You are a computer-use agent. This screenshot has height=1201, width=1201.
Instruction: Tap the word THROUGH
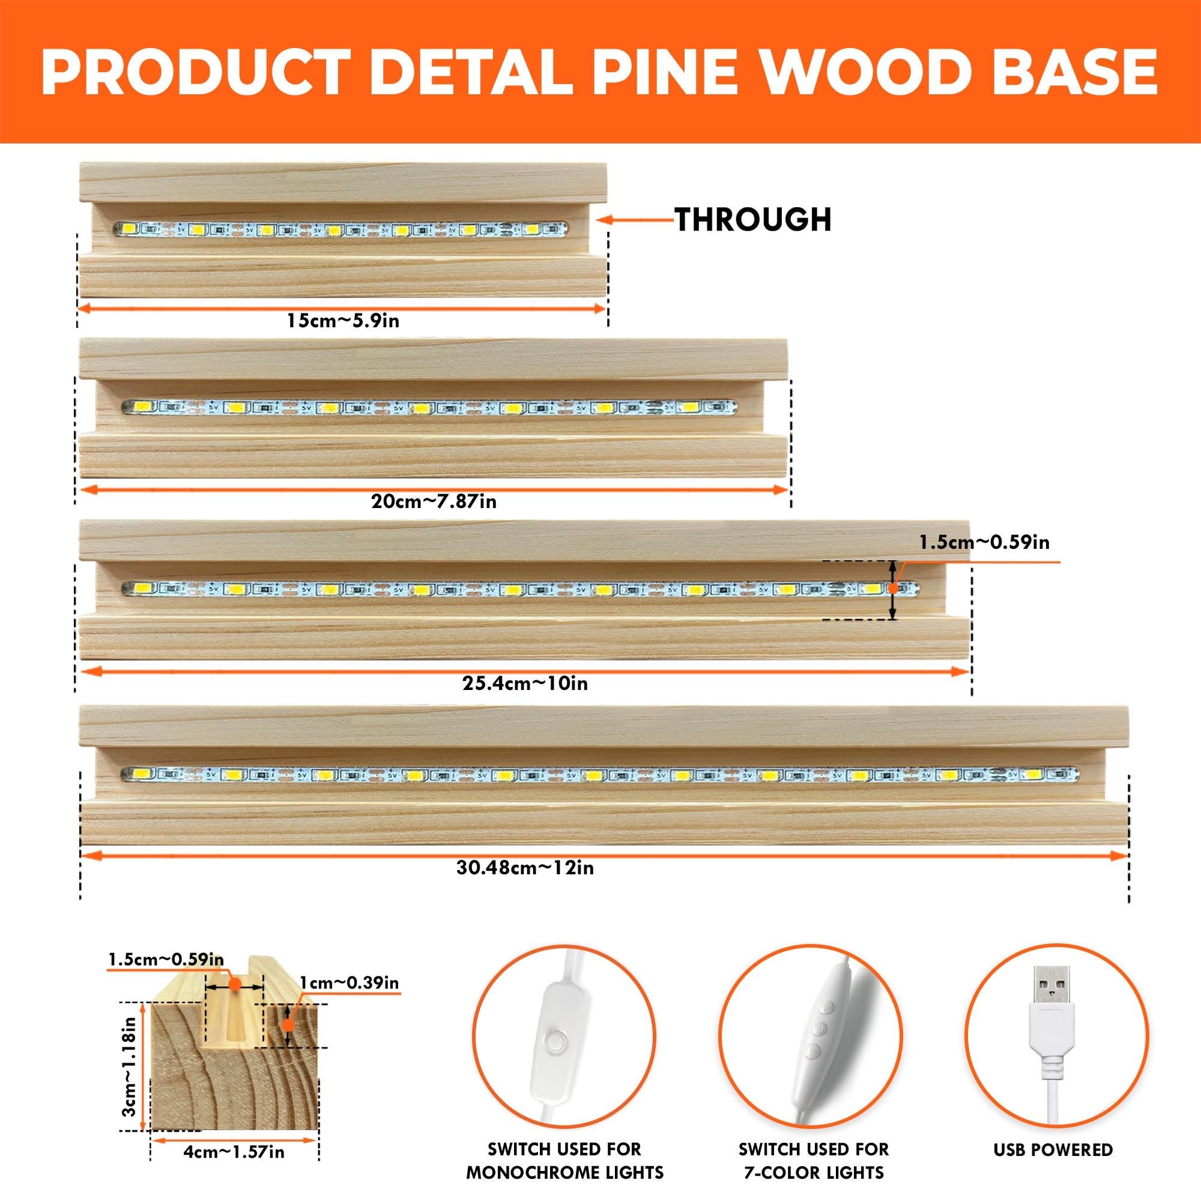[x=753, y=219]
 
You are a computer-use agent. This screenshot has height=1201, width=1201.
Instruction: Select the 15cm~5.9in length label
[x=342, y=321]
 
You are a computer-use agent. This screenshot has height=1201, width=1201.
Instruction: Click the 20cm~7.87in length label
[x=434, y=500]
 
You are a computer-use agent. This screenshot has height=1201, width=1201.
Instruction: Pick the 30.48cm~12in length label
[x=525, y=867]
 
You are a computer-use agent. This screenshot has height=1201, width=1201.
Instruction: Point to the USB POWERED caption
[x=1053, y=1132]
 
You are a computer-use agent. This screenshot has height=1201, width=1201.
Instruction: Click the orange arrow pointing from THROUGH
[x=634, y=219]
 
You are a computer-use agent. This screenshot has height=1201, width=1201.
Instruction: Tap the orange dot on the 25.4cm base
[x=893, y=587]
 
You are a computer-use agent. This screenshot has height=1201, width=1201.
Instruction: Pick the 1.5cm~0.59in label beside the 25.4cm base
[x=985, y=543]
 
